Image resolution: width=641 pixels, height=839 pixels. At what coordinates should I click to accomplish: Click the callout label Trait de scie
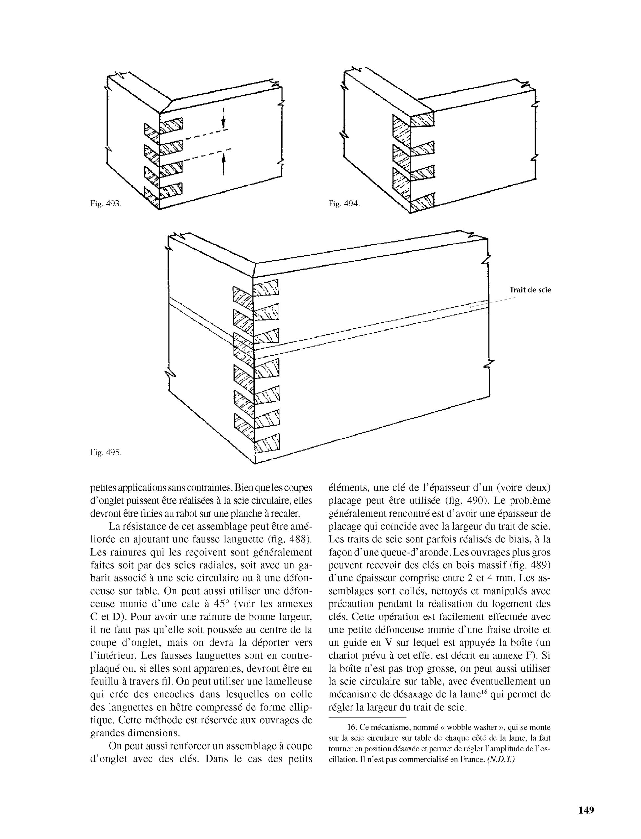tap(531, 290)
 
